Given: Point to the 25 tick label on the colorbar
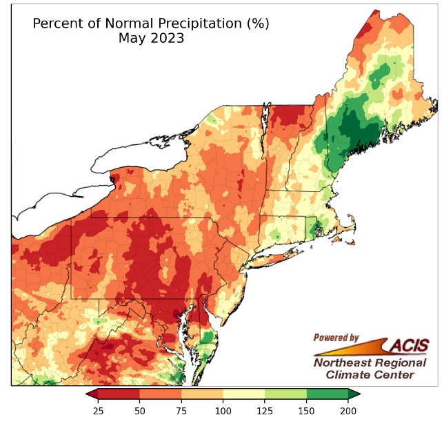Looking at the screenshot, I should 98,412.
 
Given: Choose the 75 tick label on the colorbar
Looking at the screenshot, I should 181,412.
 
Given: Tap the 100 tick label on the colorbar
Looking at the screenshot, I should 223,412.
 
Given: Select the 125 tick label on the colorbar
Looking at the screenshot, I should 265,412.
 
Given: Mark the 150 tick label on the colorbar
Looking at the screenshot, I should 306,412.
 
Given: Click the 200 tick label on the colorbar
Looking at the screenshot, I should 348,412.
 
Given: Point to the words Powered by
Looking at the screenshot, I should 336,338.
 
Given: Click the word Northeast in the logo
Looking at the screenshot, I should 340,363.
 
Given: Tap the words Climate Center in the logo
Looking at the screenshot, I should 370,375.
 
